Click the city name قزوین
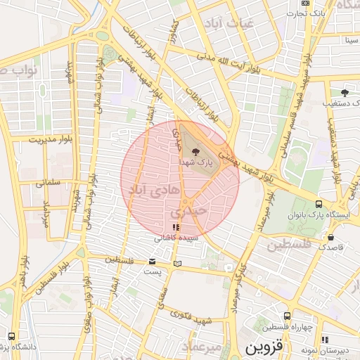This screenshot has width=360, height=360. coord(263,347)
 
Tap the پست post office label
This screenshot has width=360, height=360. coord(153,270)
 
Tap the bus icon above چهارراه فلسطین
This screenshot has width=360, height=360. coord(286,316)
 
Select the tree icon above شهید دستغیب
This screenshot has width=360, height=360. coord(344,92)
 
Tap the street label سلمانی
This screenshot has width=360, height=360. coord(50,183)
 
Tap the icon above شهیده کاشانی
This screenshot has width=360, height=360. coord(175,227)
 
